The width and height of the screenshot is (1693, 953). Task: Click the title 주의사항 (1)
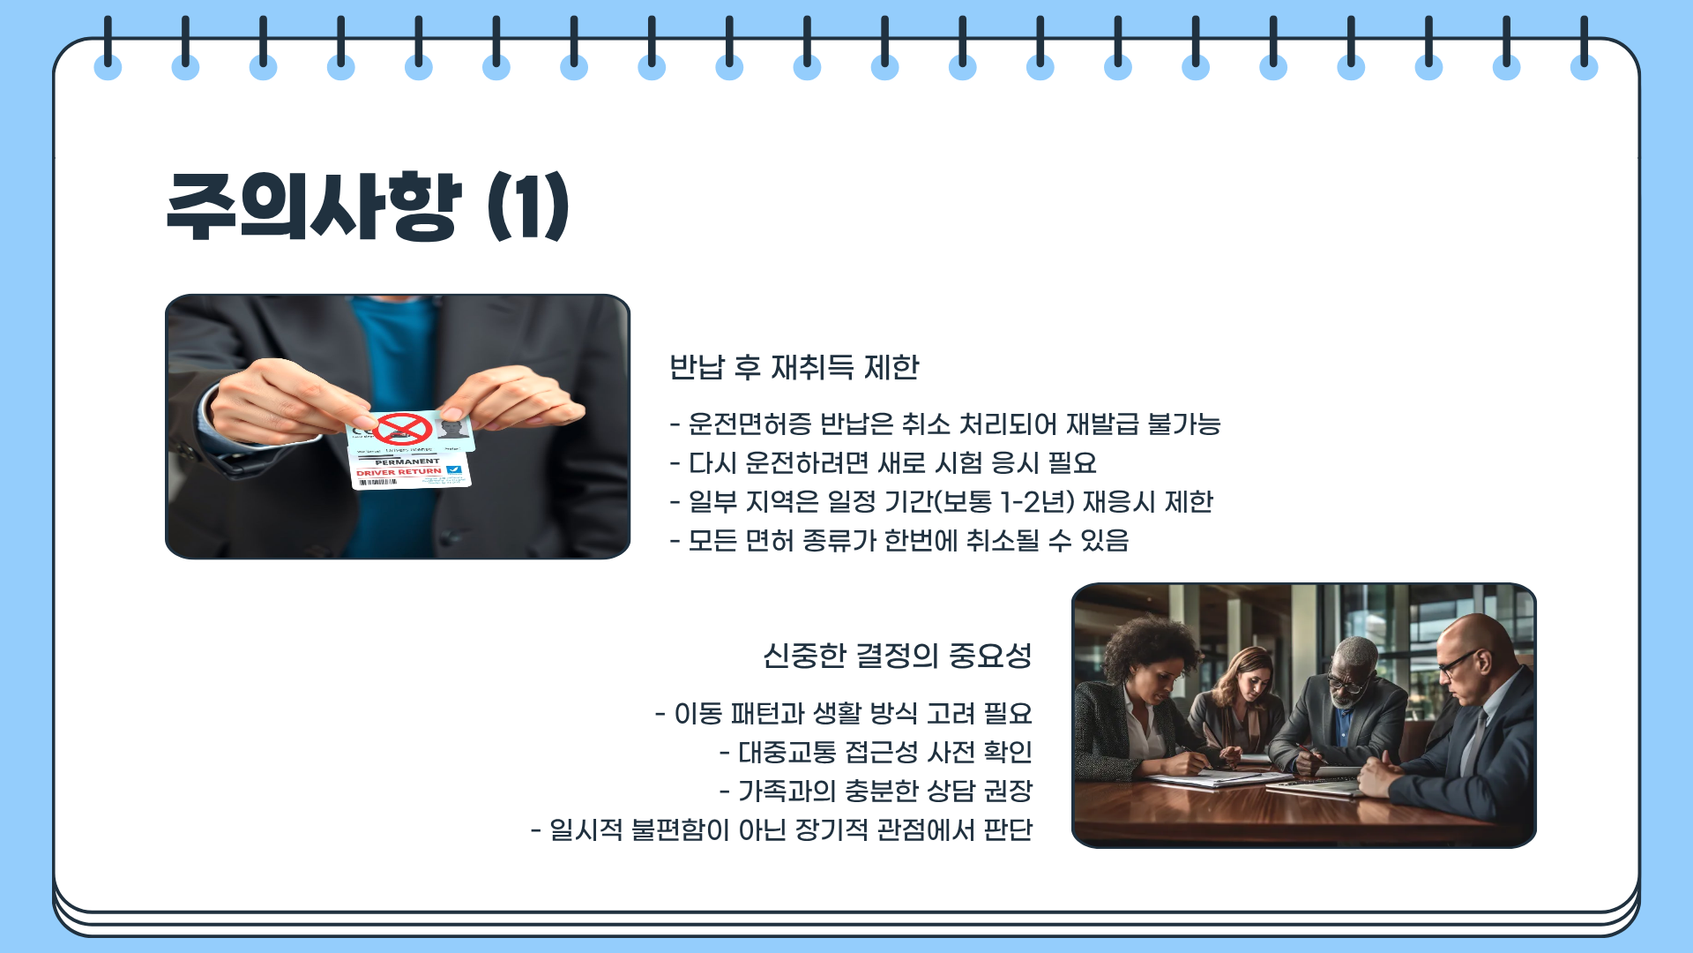pos(367,206)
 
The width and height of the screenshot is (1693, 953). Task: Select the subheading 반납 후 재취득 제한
pos(794,367)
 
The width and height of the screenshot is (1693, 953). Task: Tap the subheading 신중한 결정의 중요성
pos(897,656)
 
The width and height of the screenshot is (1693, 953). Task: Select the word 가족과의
pos(787,792)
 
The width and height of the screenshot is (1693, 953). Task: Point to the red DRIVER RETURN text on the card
pos(399,472)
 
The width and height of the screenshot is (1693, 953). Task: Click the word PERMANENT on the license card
pos(406,461)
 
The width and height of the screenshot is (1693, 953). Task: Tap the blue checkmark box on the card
pos(454,470)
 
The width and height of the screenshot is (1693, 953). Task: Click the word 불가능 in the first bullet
pos(1183,424)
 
